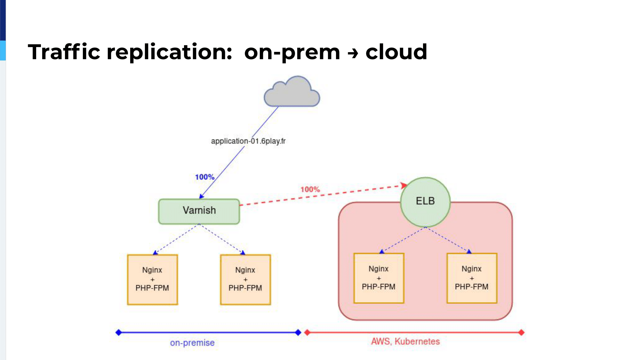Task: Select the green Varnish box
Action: [x=199, y=211]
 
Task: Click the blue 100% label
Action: [x=204, y=177]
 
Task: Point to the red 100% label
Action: [x=310, y=189]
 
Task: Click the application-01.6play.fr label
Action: [x=248, y=141]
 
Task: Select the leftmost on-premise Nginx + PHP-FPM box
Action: [x=152, y=279]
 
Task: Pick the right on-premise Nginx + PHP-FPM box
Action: [x=245, y=279]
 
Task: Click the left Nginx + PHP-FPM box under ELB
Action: [x=379, y=278]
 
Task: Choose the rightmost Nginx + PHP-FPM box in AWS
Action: [x=472, y=278]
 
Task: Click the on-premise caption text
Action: [x=192, y=343]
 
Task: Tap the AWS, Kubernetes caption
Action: [x=405, y=341]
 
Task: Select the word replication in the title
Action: [x=169, y=52]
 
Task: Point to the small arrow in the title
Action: [x=353, y=53]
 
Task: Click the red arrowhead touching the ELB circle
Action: [x=404, y=185]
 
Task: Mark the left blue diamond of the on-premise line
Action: [x=118, y=332]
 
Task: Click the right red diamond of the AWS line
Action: [x=521, y=332]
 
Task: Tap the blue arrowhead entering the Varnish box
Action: [x=201, y=196]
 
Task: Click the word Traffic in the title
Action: [x=64, y=52]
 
